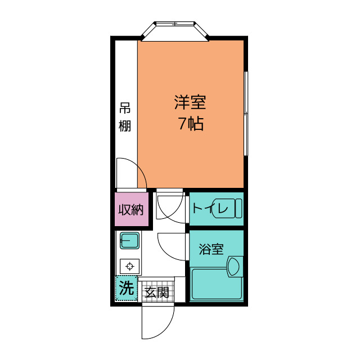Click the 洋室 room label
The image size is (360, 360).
[190, 102]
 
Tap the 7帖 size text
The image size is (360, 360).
[191, 124]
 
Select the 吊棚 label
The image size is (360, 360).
[125, 117]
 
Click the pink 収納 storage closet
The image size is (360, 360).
[132, 210]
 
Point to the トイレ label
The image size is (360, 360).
[209, 209]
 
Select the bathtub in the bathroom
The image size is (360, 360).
[216, 284]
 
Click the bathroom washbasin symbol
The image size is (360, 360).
[235, 265]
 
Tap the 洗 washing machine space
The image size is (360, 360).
[127, 289]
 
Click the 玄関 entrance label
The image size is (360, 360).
[156, 292]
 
